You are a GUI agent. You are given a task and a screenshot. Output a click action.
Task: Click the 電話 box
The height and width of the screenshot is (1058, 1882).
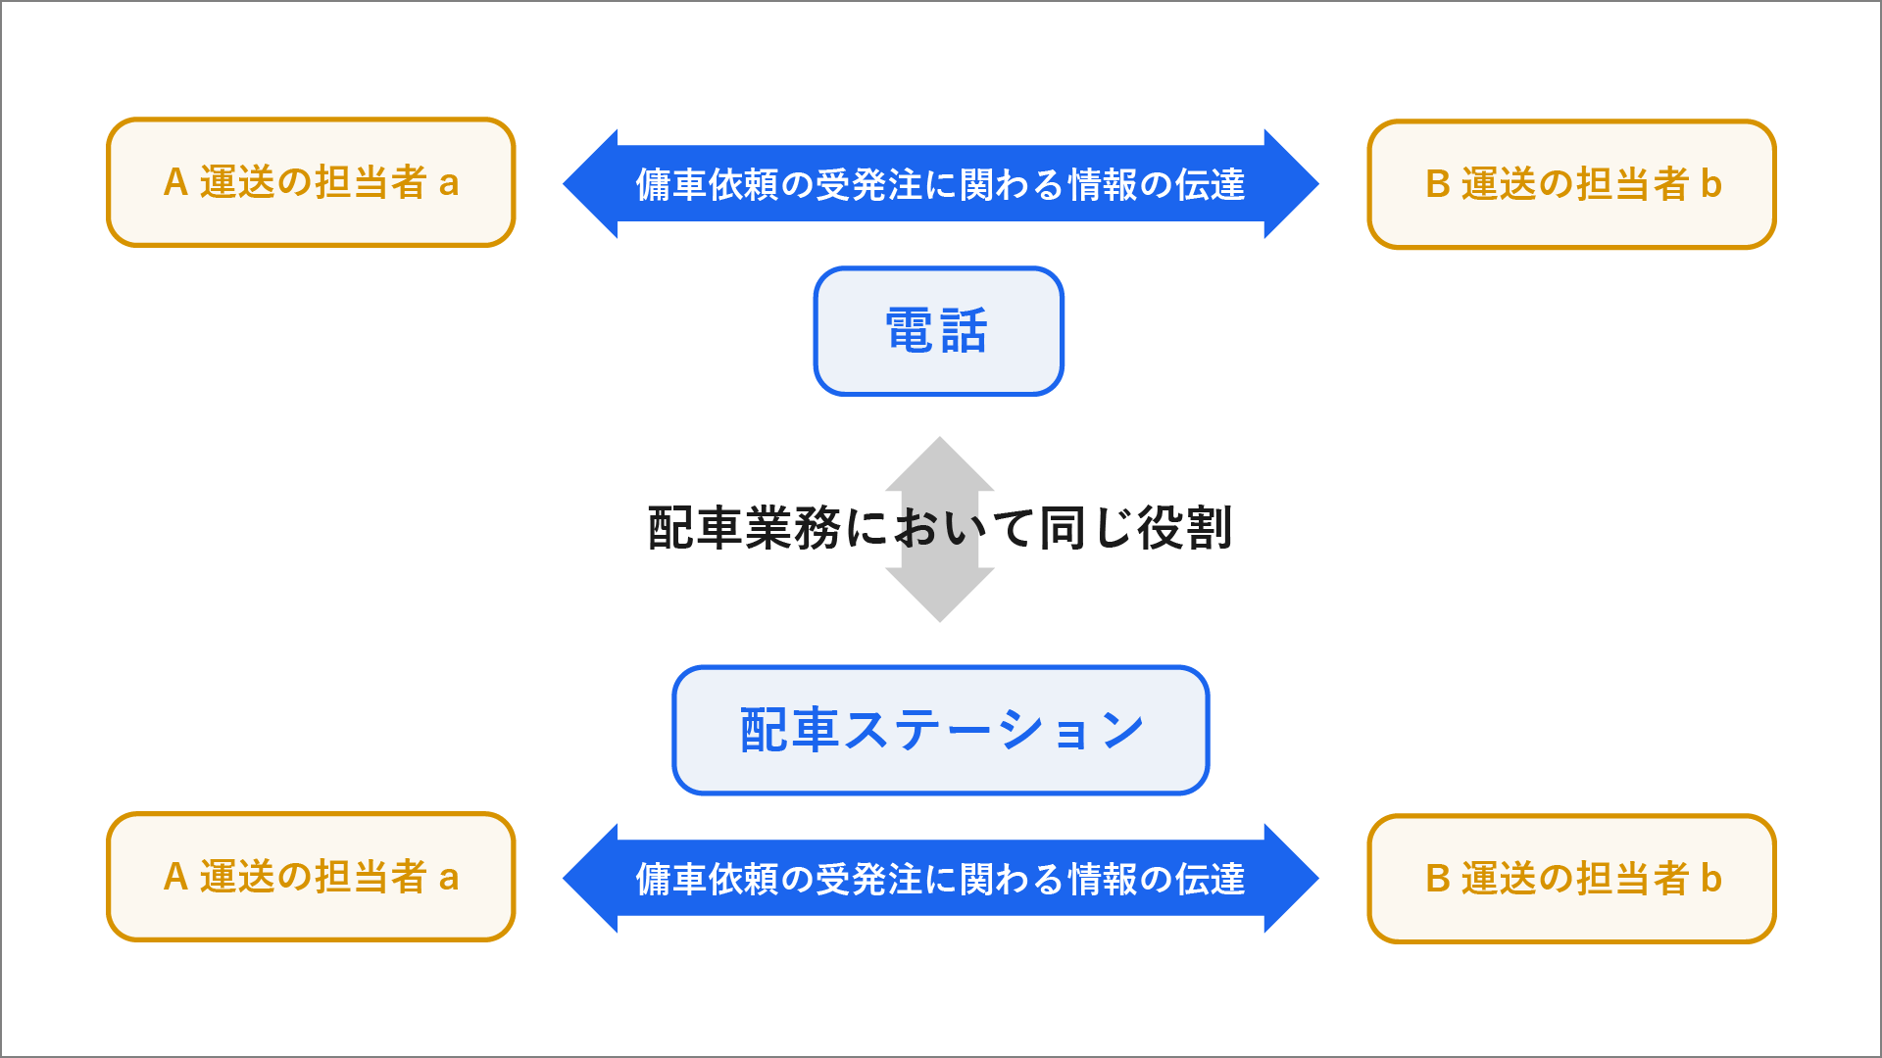[x=938, y=331]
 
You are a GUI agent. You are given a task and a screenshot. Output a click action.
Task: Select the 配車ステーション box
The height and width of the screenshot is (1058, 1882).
[x=941, y=731]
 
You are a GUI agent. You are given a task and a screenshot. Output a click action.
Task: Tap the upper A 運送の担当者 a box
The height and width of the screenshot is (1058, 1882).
[x=311, y=182]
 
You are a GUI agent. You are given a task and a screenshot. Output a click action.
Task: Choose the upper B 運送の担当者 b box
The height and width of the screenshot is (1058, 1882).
[x=1572, y=184]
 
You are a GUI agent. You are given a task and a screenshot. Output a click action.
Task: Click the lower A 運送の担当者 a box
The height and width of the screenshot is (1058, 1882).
[x=311, y=877]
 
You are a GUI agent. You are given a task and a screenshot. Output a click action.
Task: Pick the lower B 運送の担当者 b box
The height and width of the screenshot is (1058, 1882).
[x=1572, y=879]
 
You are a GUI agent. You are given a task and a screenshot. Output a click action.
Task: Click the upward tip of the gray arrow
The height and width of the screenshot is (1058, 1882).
[x=940, y=438]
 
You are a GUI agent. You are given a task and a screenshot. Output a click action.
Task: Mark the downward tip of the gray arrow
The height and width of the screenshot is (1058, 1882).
[x=940, y=621]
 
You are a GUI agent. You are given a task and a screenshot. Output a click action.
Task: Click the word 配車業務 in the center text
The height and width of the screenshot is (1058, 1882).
[x=744, y=528]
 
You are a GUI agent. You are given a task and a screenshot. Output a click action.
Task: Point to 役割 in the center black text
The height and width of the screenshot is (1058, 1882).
[x=1184, y=528]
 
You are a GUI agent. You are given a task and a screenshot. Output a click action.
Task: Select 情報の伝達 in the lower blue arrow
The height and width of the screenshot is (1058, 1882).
[x=1157, y=879]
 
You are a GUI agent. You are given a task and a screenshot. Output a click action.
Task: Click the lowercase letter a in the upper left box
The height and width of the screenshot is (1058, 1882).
[x=449, y=183]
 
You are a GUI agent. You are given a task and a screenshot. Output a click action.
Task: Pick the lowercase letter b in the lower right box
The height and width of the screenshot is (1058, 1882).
[x=1711, y=879]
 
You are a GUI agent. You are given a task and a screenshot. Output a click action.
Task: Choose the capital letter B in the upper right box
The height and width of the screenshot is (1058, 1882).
[x=1437, y=184]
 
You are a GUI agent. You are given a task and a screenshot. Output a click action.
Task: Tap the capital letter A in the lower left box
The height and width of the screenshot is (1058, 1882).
[x=175, y=877]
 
